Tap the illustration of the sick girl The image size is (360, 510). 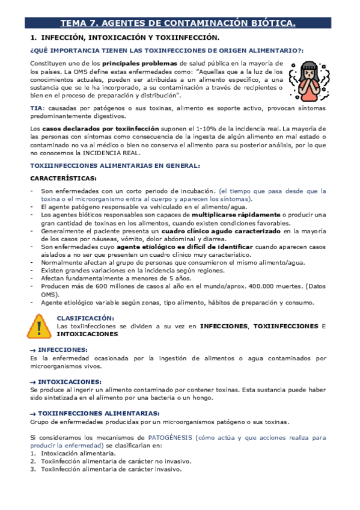click(x=309, y=79)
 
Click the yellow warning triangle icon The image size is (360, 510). click(x=39, y=327)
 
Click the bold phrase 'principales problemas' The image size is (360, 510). click(x=140, y=63)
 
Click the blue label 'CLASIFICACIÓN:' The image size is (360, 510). click(x=85, y=318)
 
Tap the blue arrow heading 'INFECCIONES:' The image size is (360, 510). click(x=63, y=349)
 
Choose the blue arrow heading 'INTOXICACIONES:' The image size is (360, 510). click(x=69, y=381)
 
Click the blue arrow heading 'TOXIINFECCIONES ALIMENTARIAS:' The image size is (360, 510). click(x=99, y=413)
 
